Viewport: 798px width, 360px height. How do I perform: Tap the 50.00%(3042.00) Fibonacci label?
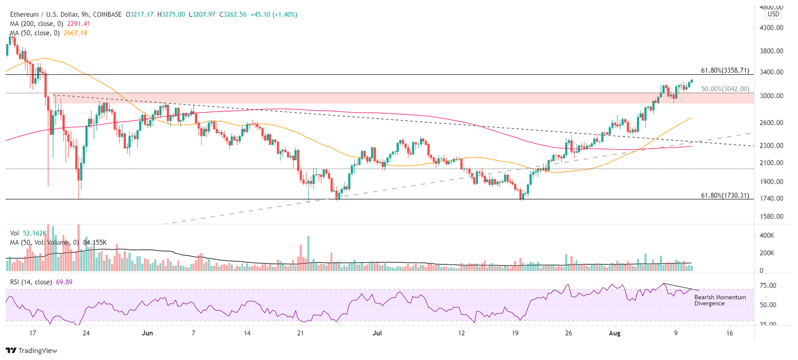(725, 89)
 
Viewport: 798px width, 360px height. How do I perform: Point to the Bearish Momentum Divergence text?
(720, 300)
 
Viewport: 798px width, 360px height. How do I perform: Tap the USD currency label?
(774, 14)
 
